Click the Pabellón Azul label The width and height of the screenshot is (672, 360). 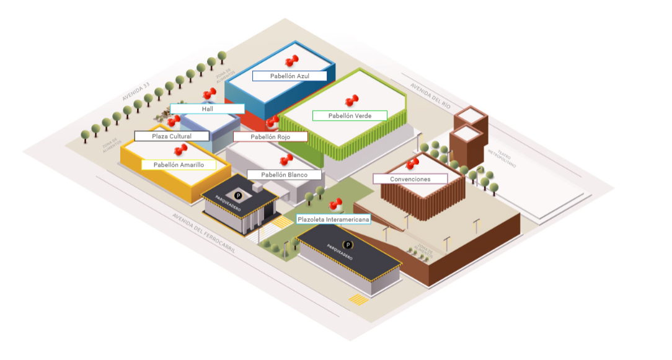(290, 76)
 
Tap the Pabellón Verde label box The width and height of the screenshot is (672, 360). (350, 115)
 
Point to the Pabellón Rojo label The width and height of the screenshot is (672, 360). (270, 136)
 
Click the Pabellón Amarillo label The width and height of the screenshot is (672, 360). (179, 165)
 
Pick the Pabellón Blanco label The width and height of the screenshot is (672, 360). (284, 175)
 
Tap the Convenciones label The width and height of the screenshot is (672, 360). (410, 179)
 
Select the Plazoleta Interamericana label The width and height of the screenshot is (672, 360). (334, 219)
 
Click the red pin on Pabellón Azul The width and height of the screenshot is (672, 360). (291, 61)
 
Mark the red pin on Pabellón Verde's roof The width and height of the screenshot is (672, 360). (352, 100)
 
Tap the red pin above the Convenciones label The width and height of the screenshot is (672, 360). (412, 163)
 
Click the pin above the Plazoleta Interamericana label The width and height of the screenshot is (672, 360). (336, 204)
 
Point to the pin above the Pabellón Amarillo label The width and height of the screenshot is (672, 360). (181, 149)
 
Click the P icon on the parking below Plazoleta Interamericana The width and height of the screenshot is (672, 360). (348, 245)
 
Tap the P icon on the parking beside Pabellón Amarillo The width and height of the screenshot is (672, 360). (238, 195)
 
